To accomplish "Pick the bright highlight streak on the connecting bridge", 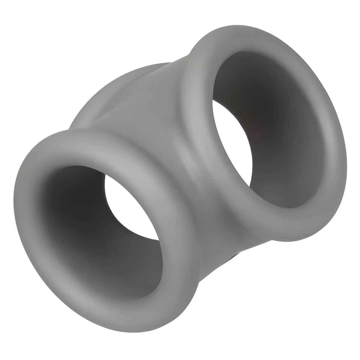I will (183, 159).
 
